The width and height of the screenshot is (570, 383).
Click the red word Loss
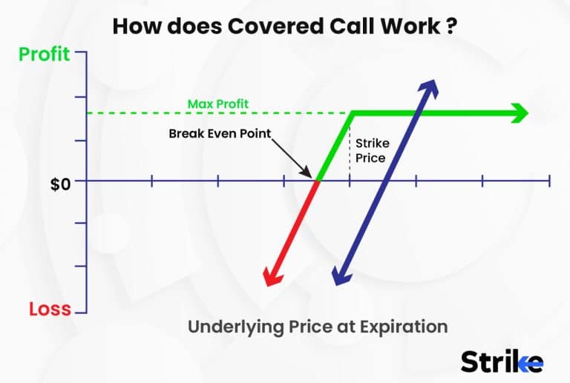click(50, 310)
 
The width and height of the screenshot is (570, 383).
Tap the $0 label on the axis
click(60, 183)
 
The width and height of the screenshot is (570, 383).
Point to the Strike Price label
click(370, 150)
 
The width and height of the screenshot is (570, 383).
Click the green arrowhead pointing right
click(520, 113)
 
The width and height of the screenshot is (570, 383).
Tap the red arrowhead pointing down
click(272, 277)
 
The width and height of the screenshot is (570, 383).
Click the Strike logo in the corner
click(502, 361)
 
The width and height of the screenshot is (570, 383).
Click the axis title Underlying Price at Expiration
click(318, 326)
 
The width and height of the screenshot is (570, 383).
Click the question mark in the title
click(451, 27)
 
